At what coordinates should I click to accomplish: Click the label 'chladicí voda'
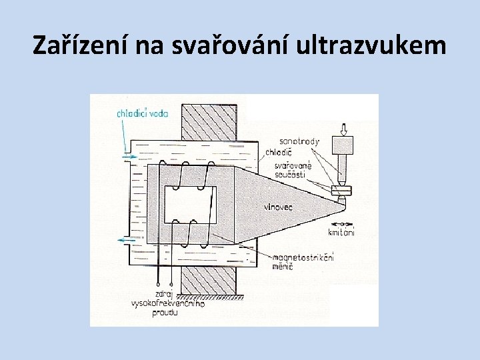coord(143,114)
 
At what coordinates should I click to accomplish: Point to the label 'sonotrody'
coord(299,141)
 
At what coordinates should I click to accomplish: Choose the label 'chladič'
coord(278,152)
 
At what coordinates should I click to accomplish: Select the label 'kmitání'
coord(341,233)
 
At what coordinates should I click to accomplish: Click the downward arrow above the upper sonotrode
coord(344,128)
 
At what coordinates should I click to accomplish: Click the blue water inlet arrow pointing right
coord(129,157)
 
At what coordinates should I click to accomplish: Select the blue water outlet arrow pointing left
coord(127,239)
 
